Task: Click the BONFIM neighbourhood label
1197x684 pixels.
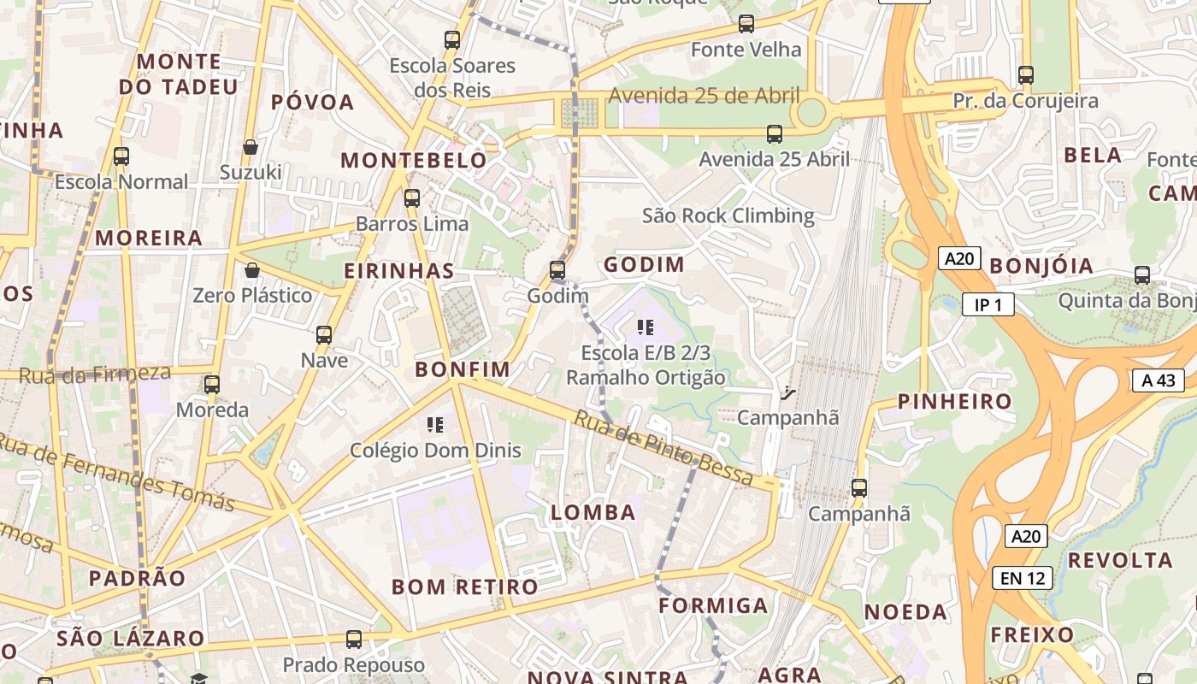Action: [462, 369]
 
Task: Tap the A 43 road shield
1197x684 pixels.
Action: [1159, 380]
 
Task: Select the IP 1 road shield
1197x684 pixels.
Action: [988, 304]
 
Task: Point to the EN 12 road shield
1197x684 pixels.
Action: [1023, 578]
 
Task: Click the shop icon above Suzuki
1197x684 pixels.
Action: [251, 147]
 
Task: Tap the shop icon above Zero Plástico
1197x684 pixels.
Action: [252, 270]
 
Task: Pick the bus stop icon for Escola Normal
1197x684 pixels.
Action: [121, 156]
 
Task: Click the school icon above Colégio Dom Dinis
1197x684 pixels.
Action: [434, 424]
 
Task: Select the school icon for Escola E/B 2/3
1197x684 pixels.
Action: [646, 327]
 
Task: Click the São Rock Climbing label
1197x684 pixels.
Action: [728, 215]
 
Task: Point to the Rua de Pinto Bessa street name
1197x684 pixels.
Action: [663, 447]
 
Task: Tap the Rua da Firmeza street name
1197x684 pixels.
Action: [94, 374]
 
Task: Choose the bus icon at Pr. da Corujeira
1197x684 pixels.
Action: [1026, 75]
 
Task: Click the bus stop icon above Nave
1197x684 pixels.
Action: [324, 334]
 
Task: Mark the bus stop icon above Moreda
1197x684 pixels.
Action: [212, 385]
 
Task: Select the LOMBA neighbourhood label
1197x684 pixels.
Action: [593, 512]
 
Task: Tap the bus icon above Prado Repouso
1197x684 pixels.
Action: [354, 639]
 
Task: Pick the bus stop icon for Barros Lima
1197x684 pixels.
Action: [412, 198]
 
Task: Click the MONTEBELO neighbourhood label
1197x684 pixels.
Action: [414, 160]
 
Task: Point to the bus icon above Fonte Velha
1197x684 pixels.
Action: [746, 24]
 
